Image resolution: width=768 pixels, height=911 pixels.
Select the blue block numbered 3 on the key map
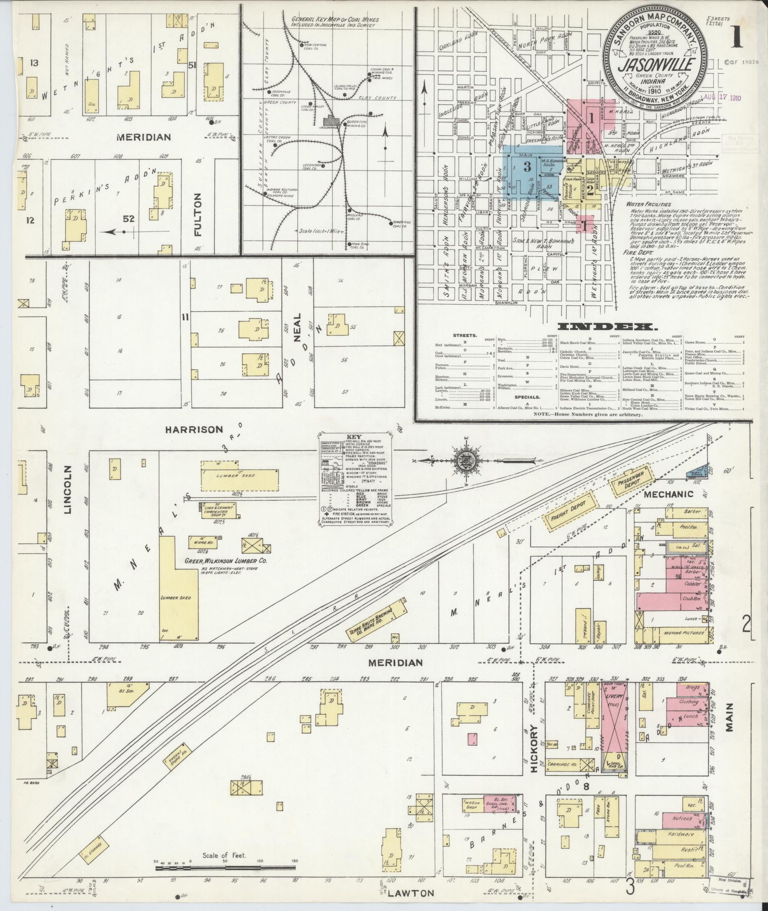click(x=527, y=167)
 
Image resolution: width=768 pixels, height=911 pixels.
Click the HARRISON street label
click(x=194, y=429)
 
